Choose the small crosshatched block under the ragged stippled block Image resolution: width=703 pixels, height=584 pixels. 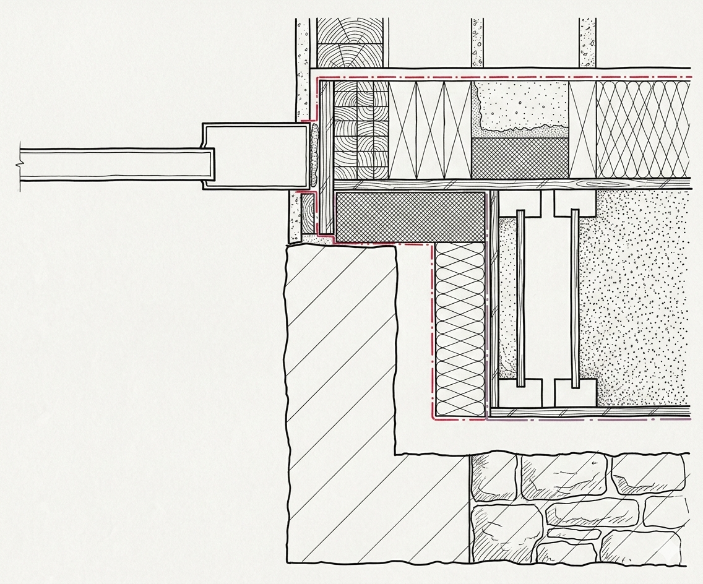click(519, 156)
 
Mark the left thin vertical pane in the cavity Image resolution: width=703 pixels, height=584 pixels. click(520, 297)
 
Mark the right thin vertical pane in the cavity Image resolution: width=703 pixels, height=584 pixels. click(575, 297)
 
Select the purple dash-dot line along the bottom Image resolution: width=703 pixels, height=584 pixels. click(588, 419)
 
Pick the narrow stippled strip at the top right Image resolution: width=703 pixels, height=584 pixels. click(587, 42)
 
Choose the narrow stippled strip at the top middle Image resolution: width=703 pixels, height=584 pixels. click(477, 42)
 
